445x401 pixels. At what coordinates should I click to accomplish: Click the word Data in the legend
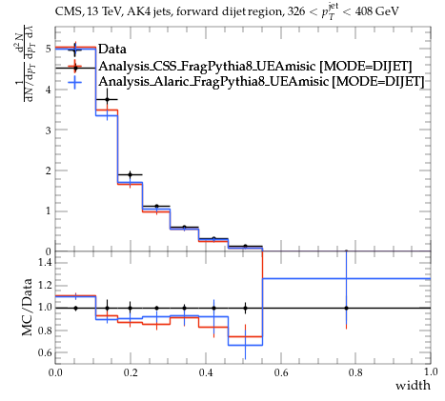(x=112, y=50)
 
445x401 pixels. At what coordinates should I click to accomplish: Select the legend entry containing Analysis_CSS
(x=255, y=67)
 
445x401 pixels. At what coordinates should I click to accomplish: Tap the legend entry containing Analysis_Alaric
(x=261, y=82)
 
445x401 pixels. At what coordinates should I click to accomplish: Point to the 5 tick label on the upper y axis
(x=49, y=49)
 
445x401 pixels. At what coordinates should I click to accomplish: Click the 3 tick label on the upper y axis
(x=49, y=130)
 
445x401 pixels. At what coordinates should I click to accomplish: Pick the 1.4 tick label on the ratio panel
(x=44, y=262)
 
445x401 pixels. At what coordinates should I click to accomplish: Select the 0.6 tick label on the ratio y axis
(x=44, y=352)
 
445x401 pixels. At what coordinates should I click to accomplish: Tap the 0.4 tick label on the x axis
(x=206, y=372)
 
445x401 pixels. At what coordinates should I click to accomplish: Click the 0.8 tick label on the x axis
(x=355, y=372)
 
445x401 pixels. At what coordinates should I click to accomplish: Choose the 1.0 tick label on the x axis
(x=431, y=372)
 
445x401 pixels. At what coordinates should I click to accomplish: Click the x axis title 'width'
(x=413, y=386)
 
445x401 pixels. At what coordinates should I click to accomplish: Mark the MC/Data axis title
(x=28, y=307)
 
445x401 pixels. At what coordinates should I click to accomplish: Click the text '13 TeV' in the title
(x=103, y=11)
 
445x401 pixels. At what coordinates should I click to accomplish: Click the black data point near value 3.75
(x=108, y=100)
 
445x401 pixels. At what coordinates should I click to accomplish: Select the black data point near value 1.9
(x=130, y=174)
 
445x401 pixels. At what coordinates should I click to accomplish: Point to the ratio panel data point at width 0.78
(x=346, y=308)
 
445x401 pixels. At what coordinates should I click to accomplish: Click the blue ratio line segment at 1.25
(x=347, y=279)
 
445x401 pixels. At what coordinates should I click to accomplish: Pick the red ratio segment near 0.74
(x=245, y=336)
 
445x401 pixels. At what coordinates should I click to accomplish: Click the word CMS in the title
(x=66, y=11)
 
